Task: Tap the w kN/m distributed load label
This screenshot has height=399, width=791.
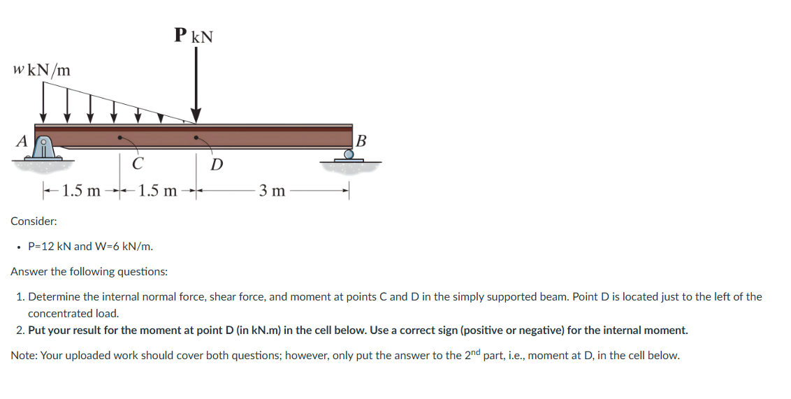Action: click(41, 70)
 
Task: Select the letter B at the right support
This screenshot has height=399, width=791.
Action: click(361, 139)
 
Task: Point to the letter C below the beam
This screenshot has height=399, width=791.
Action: click(138, 165)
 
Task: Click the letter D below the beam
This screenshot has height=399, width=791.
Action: click(217, 165)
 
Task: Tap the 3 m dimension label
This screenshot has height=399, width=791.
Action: click(272, 190)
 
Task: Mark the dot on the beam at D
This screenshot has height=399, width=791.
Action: click(196, 137)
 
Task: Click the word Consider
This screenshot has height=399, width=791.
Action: click(34, 221)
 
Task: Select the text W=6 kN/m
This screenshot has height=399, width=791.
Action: click(124, 246)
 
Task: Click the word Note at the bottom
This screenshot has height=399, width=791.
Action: click(24, 356)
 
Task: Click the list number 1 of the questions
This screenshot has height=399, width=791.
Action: click(20, 297)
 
